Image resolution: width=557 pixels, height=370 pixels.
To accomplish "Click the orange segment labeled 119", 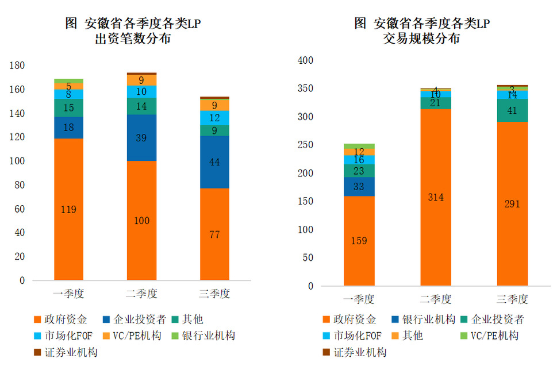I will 68,209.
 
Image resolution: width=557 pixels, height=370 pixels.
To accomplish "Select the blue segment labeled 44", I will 214,162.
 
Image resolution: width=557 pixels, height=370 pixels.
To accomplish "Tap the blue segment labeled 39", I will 141,137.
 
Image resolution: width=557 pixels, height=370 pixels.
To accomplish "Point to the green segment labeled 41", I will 512,110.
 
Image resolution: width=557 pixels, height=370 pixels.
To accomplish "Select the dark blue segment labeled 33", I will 359,187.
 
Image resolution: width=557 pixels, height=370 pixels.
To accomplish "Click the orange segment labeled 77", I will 214,234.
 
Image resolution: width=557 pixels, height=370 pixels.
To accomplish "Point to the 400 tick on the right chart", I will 305,60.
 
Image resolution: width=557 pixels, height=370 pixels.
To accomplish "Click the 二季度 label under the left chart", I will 141,294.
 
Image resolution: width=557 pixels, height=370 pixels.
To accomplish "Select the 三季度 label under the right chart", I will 512,299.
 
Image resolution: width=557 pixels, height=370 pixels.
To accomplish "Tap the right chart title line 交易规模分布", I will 421,40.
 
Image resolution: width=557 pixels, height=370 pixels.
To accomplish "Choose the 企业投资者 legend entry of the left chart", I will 136,319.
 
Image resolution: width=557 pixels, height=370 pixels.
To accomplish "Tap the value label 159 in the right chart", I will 359,241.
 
